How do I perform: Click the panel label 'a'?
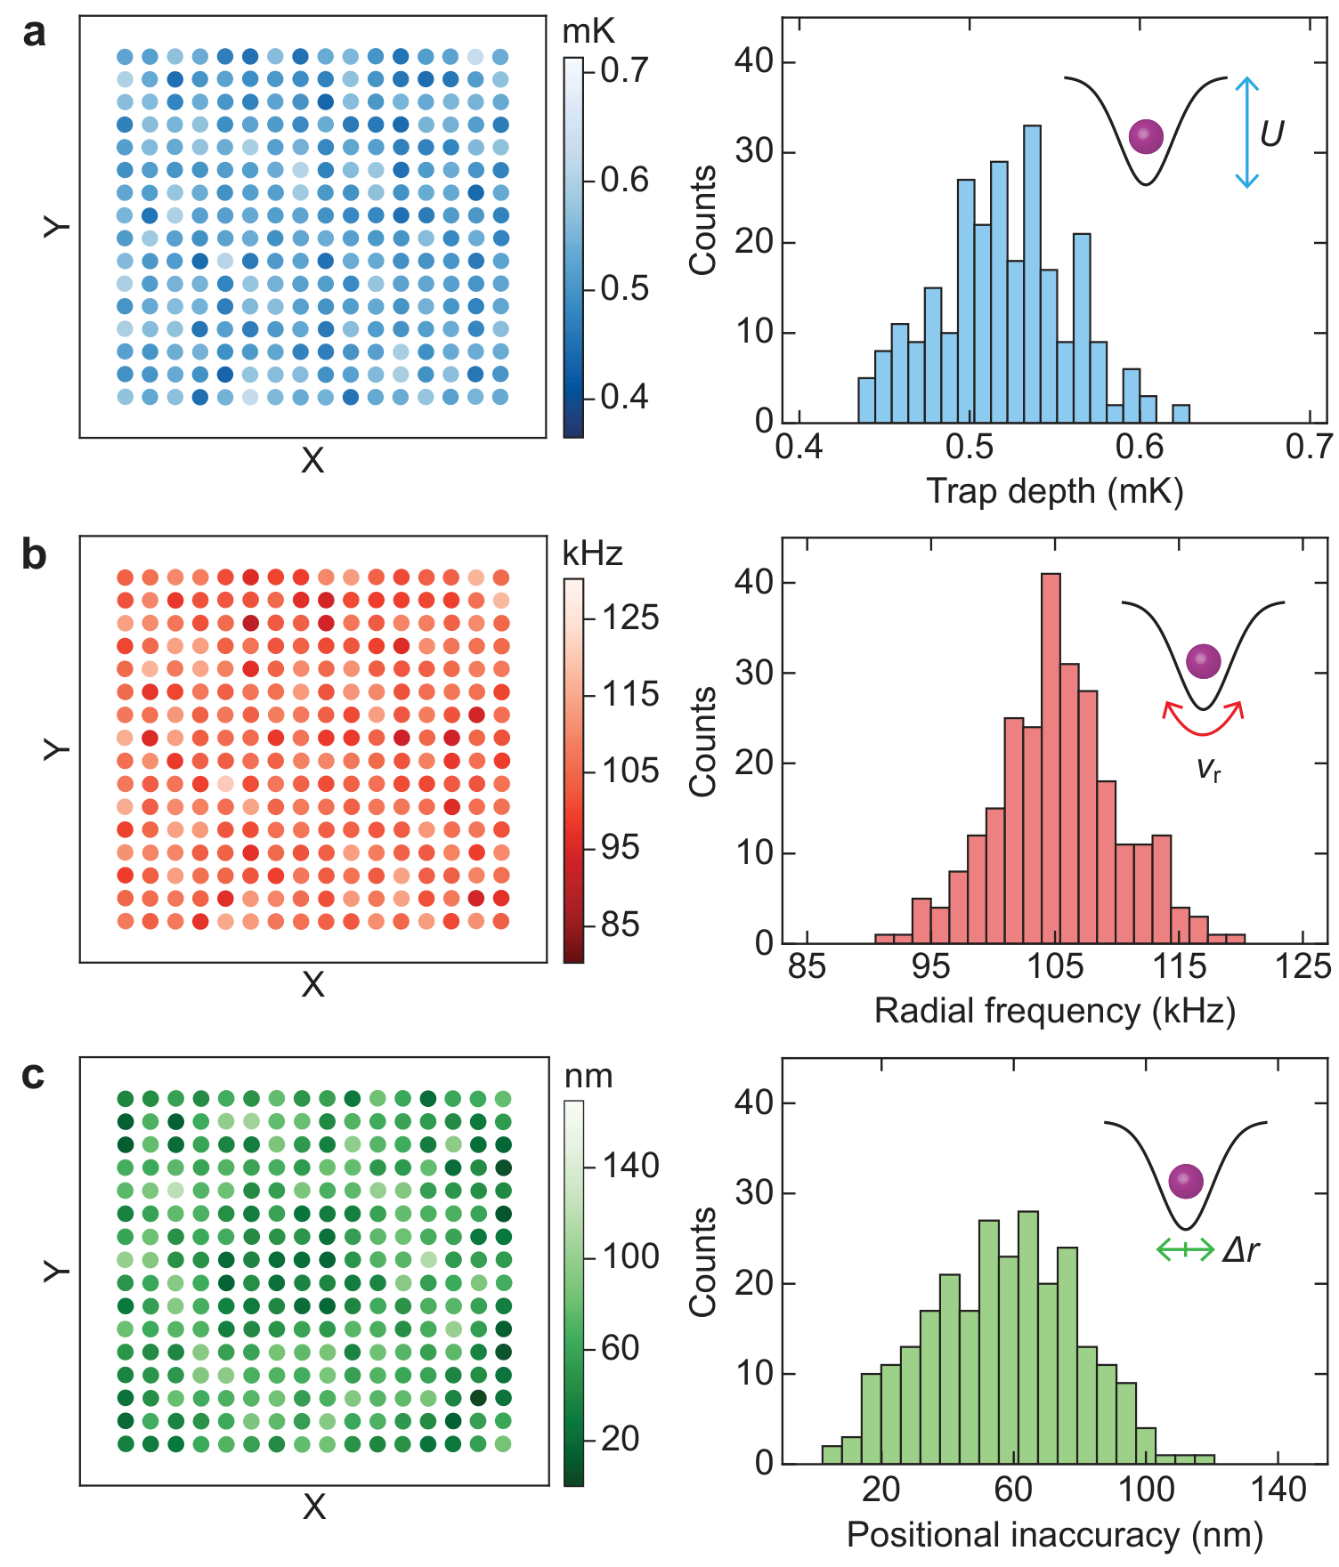[35, 35]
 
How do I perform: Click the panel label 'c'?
[34, 1076]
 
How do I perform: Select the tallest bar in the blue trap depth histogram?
[1032, 274]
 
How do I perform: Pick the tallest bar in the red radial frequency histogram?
[1051, 758]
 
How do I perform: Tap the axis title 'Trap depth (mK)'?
[1055, 491]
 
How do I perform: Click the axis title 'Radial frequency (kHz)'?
[1055, 1011]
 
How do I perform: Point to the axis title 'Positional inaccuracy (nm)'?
[1055, 1534]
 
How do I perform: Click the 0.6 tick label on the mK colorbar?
[625, 180]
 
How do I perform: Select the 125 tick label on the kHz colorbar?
[631, 618]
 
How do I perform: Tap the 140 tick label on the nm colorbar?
[631, 1166]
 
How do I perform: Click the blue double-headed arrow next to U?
[1247, 133]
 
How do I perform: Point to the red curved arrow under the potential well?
[1204, 726]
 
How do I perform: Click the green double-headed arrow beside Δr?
[1185, 1250]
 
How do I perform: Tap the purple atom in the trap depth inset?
[1146, 137]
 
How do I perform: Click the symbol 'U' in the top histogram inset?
[1272, 133]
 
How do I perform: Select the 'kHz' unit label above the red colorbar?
[593, 553]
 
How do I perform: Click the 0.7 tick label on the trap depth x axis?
[1310, 446]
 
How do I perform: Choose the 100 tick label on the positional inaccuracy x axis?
[1146, 1489]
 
